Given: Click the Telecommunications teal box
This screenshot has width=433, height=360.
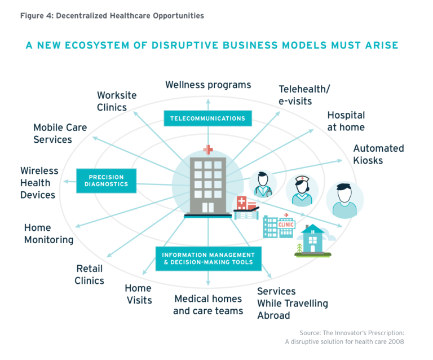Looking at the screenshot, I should [x=208, y=118].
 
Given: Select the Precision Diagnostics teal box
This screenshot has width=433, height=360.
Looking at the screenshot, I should [x=107, y=180].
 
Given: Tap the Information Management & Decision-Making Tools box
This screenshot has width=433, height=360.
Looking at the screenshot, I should [x=209, y=258].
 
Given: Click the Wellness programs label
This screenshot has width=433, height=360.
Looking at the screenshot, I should [x=208, y=85].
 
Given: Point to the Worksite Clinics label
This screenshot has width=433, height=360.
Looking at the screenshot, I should [x=117, y=101].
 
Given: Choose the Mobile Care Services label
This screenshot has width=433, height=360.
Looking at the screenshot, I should [x=60, y=133].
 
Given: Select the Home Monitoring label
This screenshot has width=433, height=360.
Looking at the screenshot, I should [x=48, y=234].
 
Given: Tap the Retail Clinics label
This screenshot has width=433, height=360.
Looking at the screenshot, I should [x=90, y=274].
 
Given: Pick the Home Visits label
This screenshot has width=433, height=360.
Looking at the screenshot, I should [x=139, y=294].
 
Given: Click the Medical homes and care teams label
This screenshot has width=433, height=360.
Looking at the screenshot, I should [x=208, y=305].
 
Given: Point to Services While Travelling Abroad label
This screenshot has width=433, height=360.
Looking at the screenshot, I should [x=292, y=303].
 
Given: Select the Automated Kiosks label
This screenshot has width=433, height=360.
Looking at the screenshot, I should [x=378, y=154].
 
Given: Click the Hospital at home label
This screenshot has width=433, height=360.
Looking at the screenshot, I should [x=346, y=121].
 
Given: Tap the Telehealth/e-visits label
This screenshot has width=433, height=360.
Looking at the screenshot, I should [x=304, y=95].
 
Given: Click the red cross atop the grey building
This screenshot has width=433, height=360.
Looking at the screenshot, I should [x=209, y=149].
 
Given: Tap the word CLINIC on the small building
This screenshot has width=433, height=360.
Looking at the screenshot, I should [x=286, y=225].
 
